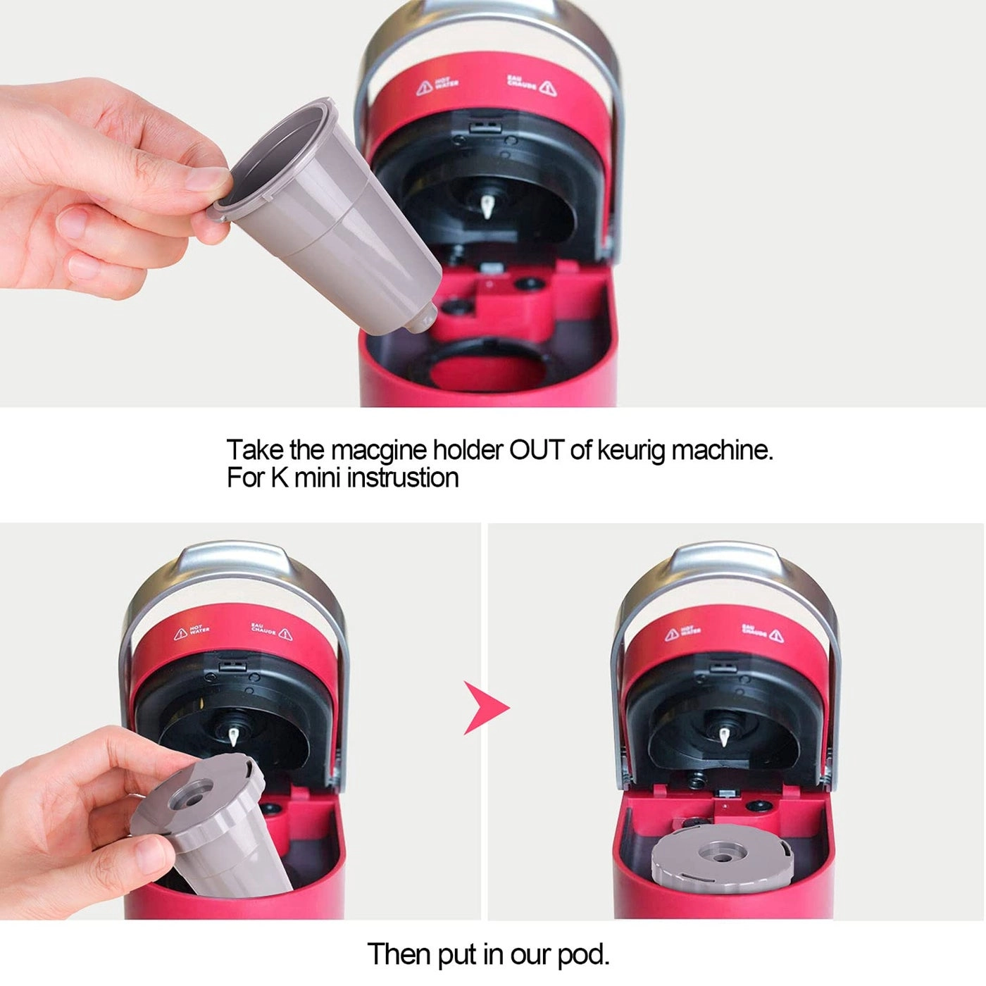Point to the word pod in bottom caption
(x=582, y=955)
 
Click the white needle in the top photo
(x=486, y=206)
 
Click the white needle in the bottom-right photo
(x=723, y=737)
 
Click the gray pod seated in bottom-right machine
(x=722, y=866)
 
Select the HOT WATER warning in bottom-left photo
(x=192, y=632)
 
